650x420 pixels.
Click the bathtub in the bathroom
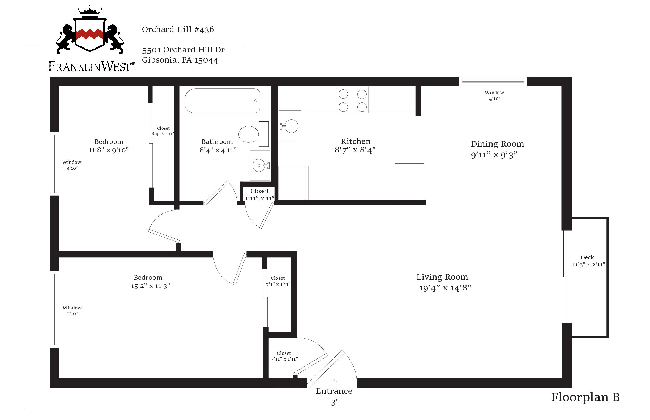pyautogui.click(x=222, y=101)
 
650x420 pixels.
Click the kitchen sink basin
pyautogui.click(x=291, y=126)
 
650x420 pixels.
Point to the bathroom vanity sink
pyautogui.click(x=259, y=165)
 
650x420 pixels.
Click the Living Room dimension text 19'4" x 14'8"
pyautogui.click(x=445, y=288)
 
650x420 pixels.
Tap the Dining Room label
pyautogui.click(x=497, y=144)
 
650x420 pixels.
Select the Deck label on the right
pyautogui.click(x=587, y=257)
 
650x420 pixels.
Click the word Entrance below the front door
pyautogui.click(x=334, y=391)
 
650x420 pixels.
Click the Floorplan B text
pyautogui.click(x=585, y=397)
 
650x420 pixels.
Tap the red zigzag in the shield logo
pyautogui.click(x=89, y=34)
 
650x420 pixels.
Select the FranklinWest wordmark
pyautogui.click(x=89, y=67)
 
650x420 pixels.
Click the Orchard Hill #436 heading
pyautogui.click(x=178, y=29)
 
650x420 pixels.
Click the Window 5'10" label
pyautogui.click(x=72, y=311)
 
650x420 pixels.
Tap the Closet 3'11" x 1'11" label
pyautogui.click(x=284, y=356)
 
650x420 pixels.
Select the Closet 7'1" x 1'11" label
pyautogui.click(x=278, y=281)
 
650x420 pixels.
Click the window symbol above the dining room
pyautogui.click(x=493, y=81)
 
